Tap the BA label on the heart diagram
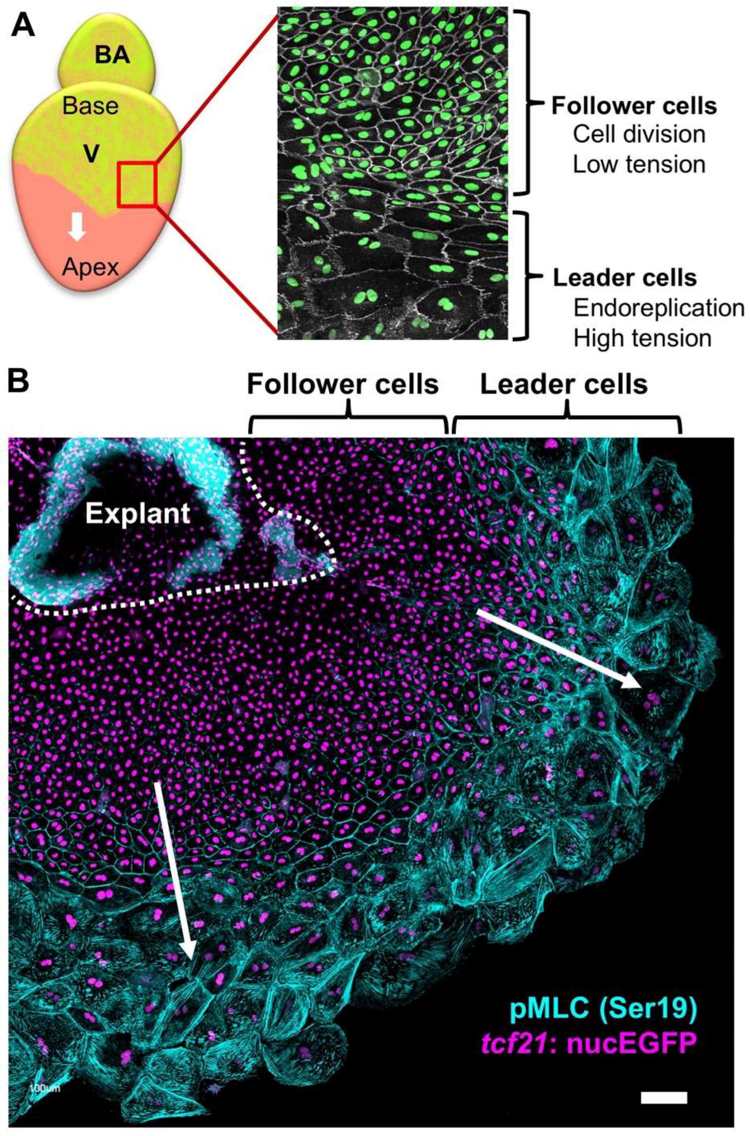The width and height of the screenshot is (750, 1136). pyautogui.click(x=112, y=56)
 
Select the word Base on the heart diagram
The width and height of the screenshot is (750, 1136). pyautogui.click(x=90, y=105)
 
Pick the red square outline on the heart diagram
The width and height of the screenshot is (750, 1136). pyautogui.click(x=137, y=185)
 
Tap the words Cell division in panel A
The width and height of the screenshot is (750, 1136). pyautogui.click(x=638, y=135)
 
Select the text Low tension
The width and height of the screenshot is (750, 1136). pyautogui.click(x=638, y=164)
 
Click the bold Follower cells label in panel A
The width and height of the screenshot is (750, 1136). pyautogui.click(x=634, y=106)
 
